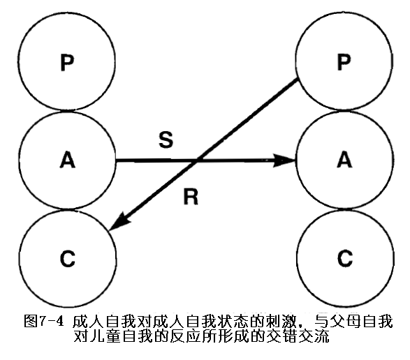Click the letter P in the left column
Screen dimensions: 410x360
(67, 63)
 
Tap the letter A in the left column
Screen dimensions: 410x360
(68, 160)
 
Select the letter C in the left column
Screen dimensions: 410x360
(68, 258)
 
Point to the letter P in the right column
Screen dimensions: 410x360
(344, 62)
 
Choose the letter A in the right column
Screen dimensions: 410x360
(344, 159)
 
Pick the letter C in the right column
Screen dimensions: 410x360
(344, 258)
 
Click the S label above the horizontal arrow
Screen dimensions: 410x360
(166, 140)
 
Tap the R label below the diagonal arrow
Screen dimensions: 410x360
(191, 197)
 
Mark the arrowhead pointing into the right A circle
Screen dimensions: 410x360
(284, 160)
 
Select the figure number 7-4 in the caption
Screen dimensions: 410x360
(51, 321)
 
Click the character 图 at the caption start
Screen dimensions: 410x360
(31, 321)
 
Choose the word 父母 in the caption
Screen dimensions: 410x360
(346, 322)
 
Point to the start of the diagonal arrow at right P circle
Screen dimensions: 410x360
(298, 80)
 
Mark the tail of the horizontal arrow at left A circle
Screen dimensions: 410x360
(116, 160)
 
